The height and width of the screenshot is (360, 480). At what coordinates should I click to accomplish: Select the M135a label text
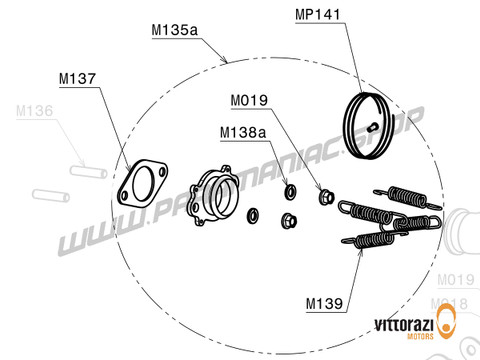tap(173, 31)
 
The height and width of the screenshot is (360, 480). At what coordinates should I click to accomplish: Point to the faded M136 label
tap(33, 113)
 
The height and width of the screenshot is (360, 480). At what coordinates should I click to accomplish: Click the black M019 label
tap(248, 101)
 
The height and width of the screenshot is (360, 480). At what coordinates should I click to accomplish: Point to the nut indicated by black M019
tap(325, 194)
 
